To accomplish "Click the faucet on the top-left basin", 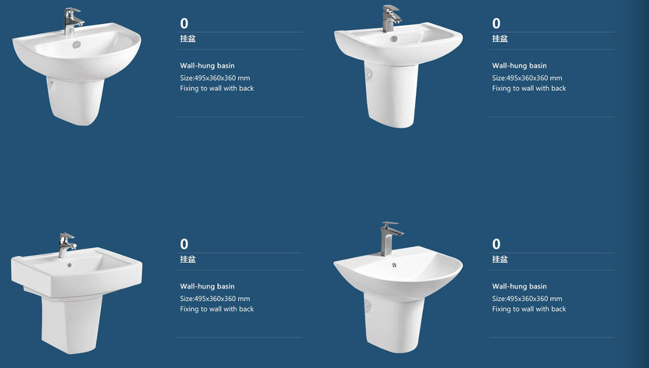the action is (72, 21).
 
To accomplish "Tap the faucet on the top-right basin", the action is (391, 19).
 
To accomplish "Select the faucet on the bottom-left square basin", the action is (66, 245).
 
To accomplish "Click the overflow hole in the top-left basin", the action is (77, 44).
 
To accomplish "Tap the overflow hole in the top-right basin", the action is (394, 39).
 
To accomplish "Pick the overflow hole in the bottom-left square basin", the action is (69, 265).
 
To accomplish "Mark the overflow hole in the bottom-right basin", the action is (394, 265).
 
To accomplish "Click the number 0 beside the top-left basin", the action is (184, 23).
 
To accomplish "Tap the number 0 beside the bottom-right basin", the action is (496, 244).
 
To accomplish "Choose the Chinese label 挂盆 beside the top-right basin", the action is (500, 38).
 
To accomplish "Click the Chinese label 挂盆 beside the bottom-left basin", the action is (188, 259).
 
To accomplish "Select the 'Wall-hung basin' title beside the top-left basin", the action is (207, 65).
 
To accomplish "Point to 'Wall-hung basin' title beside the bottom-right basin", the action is (519, 286).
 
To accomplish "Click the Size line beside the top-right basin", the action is (527, 78).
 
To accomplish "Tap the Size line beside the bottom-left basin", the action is (215, 299).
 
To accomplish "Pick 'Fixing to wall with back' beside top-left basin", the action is (217, 88).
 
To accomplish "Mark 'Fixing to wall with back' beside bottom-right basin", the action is (529, 309).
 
